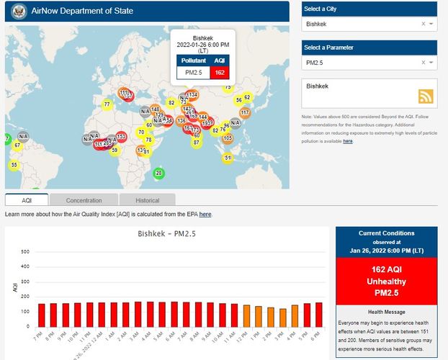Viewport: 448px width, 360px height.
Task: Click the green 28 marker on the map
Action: tap(159, 173)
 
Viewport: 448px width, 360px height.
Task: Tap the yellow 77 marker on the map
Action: tap(107, 104)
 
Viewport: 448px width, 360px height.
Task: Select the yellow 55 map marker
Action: tap(14, 165)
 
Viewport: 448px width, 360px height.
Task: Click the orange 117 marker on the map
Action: tap(245, 112)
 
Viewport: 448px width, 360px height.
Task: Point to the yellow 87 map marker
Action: tap(197, 143)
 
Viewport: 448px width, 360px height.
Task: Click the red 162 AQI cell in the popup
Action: tap(220, 73)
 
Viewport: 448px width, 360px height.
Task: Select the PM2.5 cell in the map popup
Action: tap(194, 73)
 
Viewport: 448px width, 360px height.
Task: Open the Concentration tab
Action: tap(84, 200)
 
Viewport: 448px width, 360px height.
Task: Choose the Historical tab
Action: tap(148, 200)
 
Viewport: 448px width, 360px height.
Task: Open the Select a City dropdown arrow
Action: tap(431, 24)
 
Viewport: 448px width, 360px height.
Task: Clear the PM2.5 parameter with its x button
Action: tap(423, 64)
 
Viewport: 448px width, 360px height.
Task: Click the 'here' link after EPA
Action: tap(205, 214)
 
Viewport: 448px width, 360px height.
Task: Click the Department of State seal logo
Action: tap(19, 12)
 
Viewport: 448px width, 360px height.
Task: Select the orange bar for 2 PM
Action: tap(270, 318)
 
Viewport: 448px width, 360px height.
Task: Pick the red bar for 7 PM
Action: tap(41, 315)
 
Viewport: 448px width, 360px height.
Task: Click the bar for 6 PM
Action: tap(318, 315)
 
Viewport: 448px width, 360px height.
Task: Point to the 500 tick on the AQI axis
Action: tap(25, 251)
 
